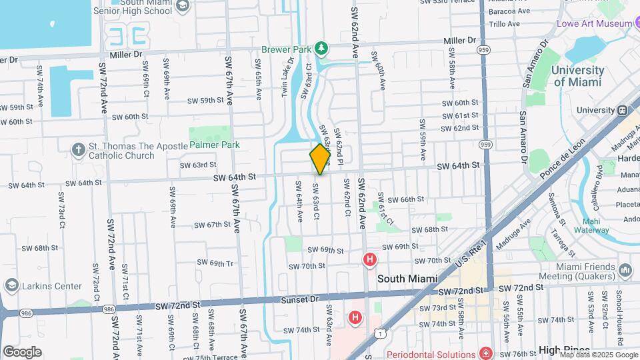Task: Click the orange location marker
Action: (x=320, y=159)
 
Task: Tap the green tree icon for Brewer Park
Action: (x=322, y=48)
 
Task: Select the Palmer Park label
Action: (x=214, y=144)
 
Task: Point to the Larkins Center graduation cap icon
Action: (x=11, y=286)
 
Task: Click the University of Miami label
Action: (x=578, y=76)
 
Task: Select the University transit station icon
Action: (x=623, y=111)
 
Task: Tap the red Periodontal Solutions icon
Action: (x=487, y=353)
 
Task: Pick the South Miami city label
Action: (x=407, y=279)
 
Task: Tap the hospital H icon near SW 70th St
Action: (x=368, y=259)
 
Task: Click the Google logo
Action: (x=22, y=351)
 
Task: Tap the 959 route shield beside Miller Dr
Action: (x=483, y=50)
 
